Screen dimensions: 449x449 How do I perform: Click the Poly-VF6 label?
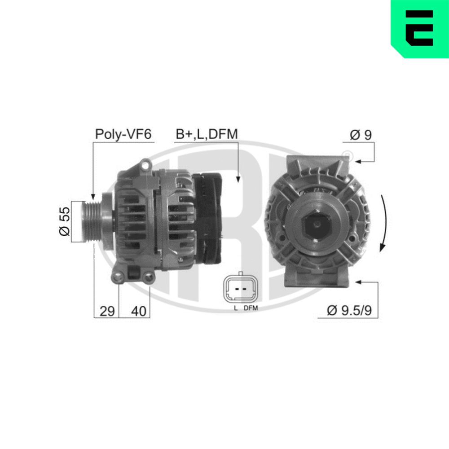pos(123,134)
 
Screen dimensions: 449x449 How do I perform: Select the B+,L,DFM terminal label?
pos(206,134)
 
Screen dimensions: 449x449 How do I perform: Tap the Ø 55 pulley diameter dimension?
pos(65,221)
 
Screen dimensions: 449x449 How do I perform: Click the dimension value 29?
pos(107,311)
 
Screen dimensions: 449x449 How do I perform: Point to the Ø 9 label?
pos(361,135)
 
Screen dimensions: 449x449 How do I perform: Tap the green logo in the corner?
pos(419,28)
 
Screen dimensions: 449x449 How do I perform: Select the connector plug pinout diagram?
pos(240,289)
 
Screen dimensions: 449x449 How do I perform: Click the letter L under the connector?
pos(235,308)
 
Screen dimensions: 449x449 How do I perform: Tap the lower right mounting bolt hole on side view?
pos(148,278)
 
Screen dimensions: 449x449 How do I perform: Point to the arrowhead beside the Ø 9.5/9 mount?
pos(357,282)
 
